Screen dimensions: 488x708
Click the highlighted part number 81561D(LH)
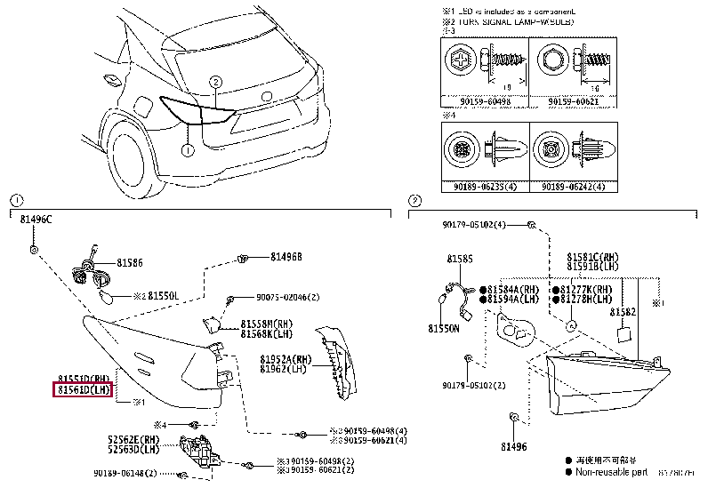point(83,388)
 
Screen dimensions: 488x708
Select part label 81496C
point(36,219)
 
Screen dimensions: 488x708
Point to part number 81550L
point(163,295)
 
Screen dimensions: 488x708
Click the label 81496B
point(286,257)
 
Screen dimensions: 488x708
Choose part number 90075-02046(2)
point(291,297)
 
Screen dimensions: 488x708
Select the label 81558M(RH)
point(267,324)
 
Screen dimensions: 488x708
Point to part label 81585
point(460,259)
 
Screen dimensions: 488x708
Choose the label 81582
point(622,312)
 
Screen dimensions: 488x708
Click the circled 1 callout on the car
point(188,150)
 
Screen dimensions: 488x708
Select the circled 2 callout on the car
point(214,83)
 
